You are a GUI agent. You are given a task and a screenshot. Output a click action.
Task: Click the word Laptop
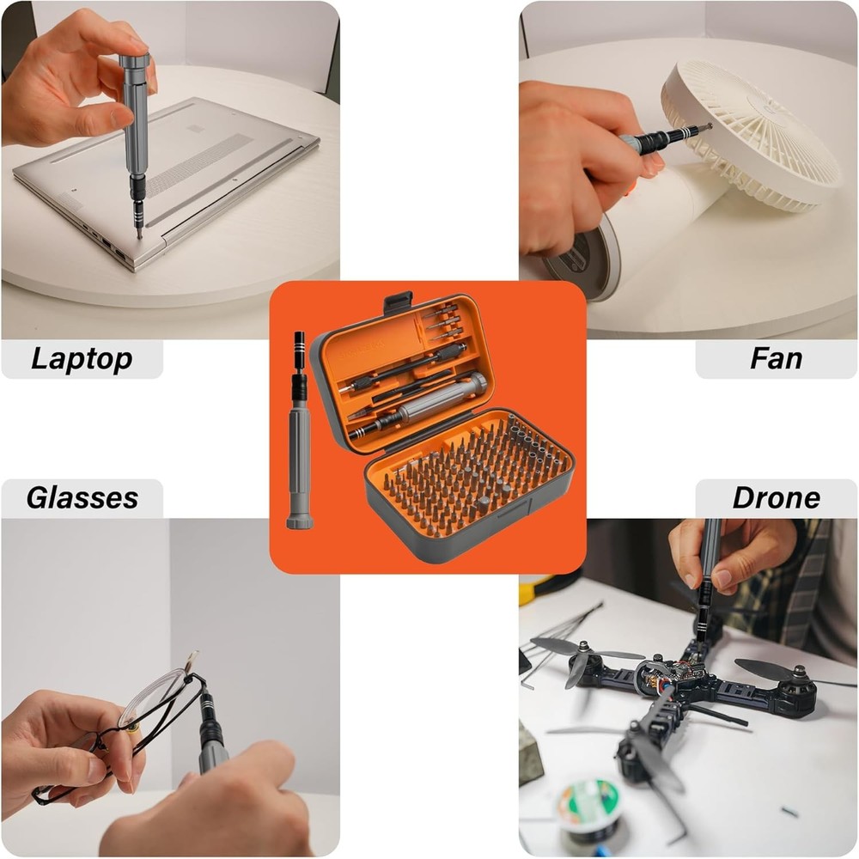click(82, 358)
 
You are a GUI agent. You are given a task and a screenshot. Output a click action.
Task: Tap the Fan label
click(776, 358)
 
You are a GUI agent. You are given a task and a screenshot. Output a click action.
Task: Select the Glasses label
click(82, 497)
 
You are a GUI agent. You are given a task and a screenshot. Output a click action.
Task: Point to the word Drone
click(776, 497)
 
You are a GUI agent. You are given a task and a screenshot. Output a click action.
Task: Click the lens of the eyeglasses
click(155, 700)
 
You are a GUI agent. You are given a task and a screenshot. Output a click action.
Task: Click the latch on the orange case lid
click(398, 302)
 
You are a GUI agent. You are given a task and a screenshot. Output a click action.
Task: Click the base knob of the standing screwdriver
click(300, 520)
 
